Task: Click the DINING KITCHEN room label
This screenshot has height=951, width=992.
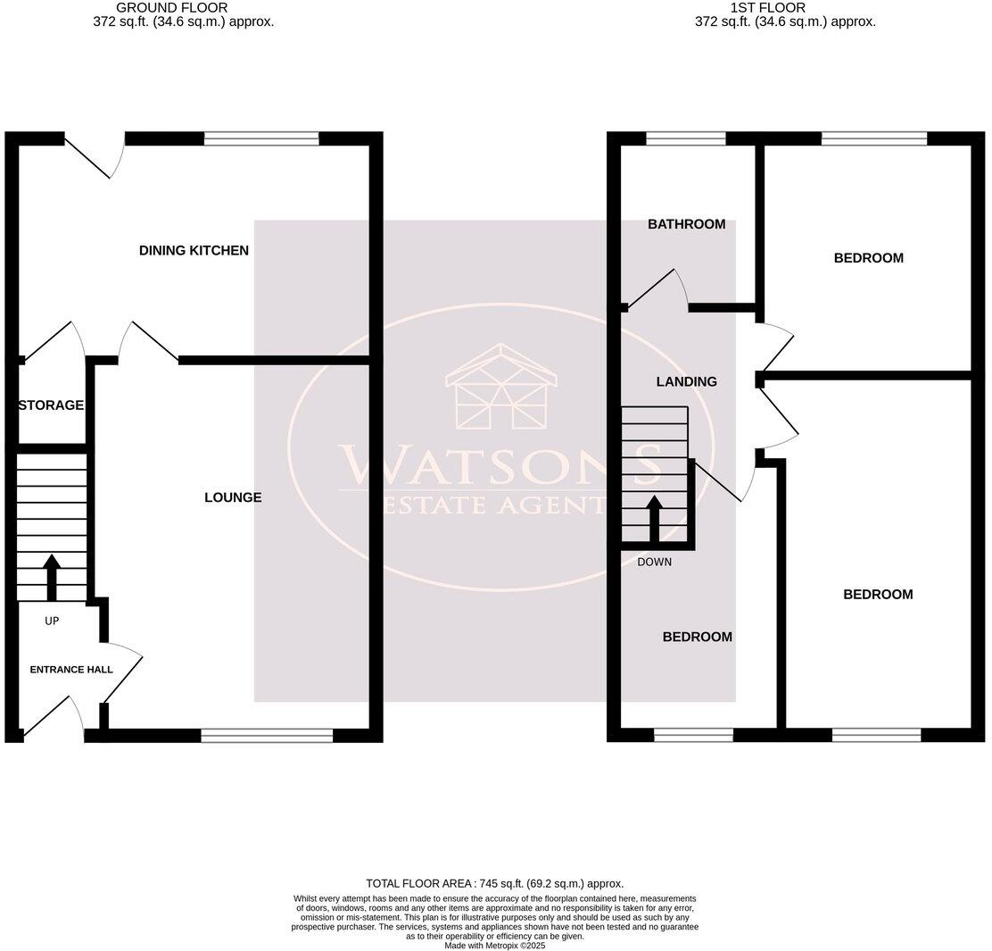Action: (194, 250)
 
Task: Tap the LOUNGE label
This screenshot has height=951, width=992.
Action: (233, 497)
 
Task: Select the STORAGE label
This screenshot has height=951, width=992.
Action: (51, 405)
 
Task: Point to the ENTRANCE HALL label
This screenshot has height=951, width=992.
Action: (71, 670)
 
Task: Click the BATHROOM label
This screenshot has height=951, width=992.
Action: (686, 224)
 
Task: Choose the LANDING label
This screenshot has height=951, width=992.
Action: (686, 381)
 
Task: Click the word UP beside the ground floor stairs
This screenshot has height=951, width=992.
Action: (52, 621)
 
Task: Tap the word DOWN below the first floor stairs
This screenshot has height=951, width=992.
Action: (655, 563)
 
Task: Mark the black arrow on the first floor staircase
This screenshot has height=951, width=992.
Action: (654, 519)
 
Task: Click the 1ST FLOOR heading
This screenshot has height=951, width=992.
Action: (767, 8)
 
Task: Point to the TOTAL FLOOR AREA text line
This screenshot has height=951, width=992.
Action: (494, 883)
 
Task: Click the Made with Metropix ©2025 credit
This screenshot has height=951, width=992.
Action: (494, 946)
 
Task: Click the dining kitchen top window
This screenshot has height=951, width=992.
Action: (261, 138)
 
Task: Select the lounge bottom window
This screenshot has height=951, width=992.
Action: (267, 736)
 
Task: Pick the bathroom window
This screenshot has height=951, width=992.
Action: (685, 138)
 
